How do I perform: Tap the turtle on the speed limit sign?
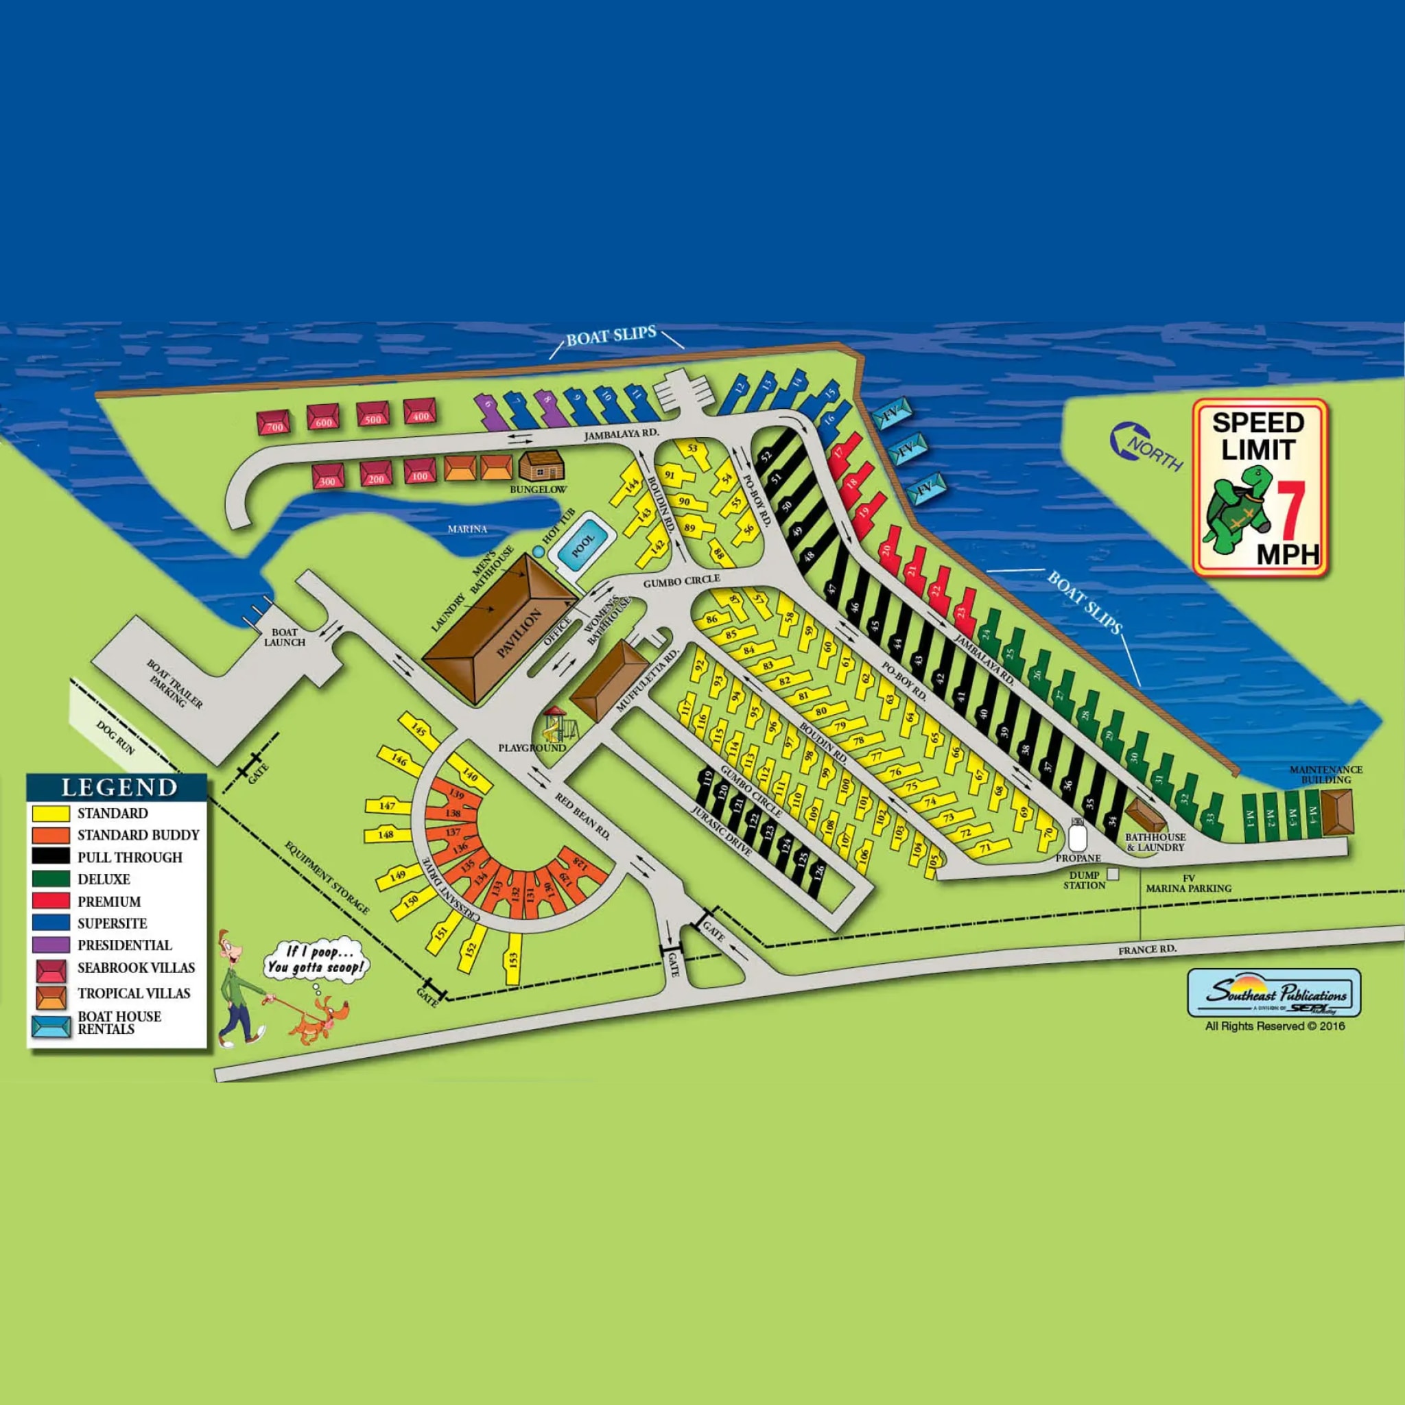tap(1237, 508)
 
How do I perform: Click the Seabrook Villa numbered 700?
tap(274, 423)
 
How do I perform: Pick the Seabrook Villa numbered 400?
tap(420, 412)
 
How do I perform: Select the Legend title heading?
tap(119, 788)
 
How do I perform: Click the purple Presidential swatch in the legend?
tap(51, 945)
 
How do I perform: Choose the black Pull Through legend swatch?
tap(51, 858)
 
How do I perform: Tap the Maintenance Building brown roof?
tap(1336, 812)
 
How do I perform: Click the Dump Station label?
tap(1083, 881)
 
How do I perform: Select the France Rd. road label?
tap(1147, 949)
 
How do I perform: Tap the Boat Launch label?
tap(284, 638)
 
